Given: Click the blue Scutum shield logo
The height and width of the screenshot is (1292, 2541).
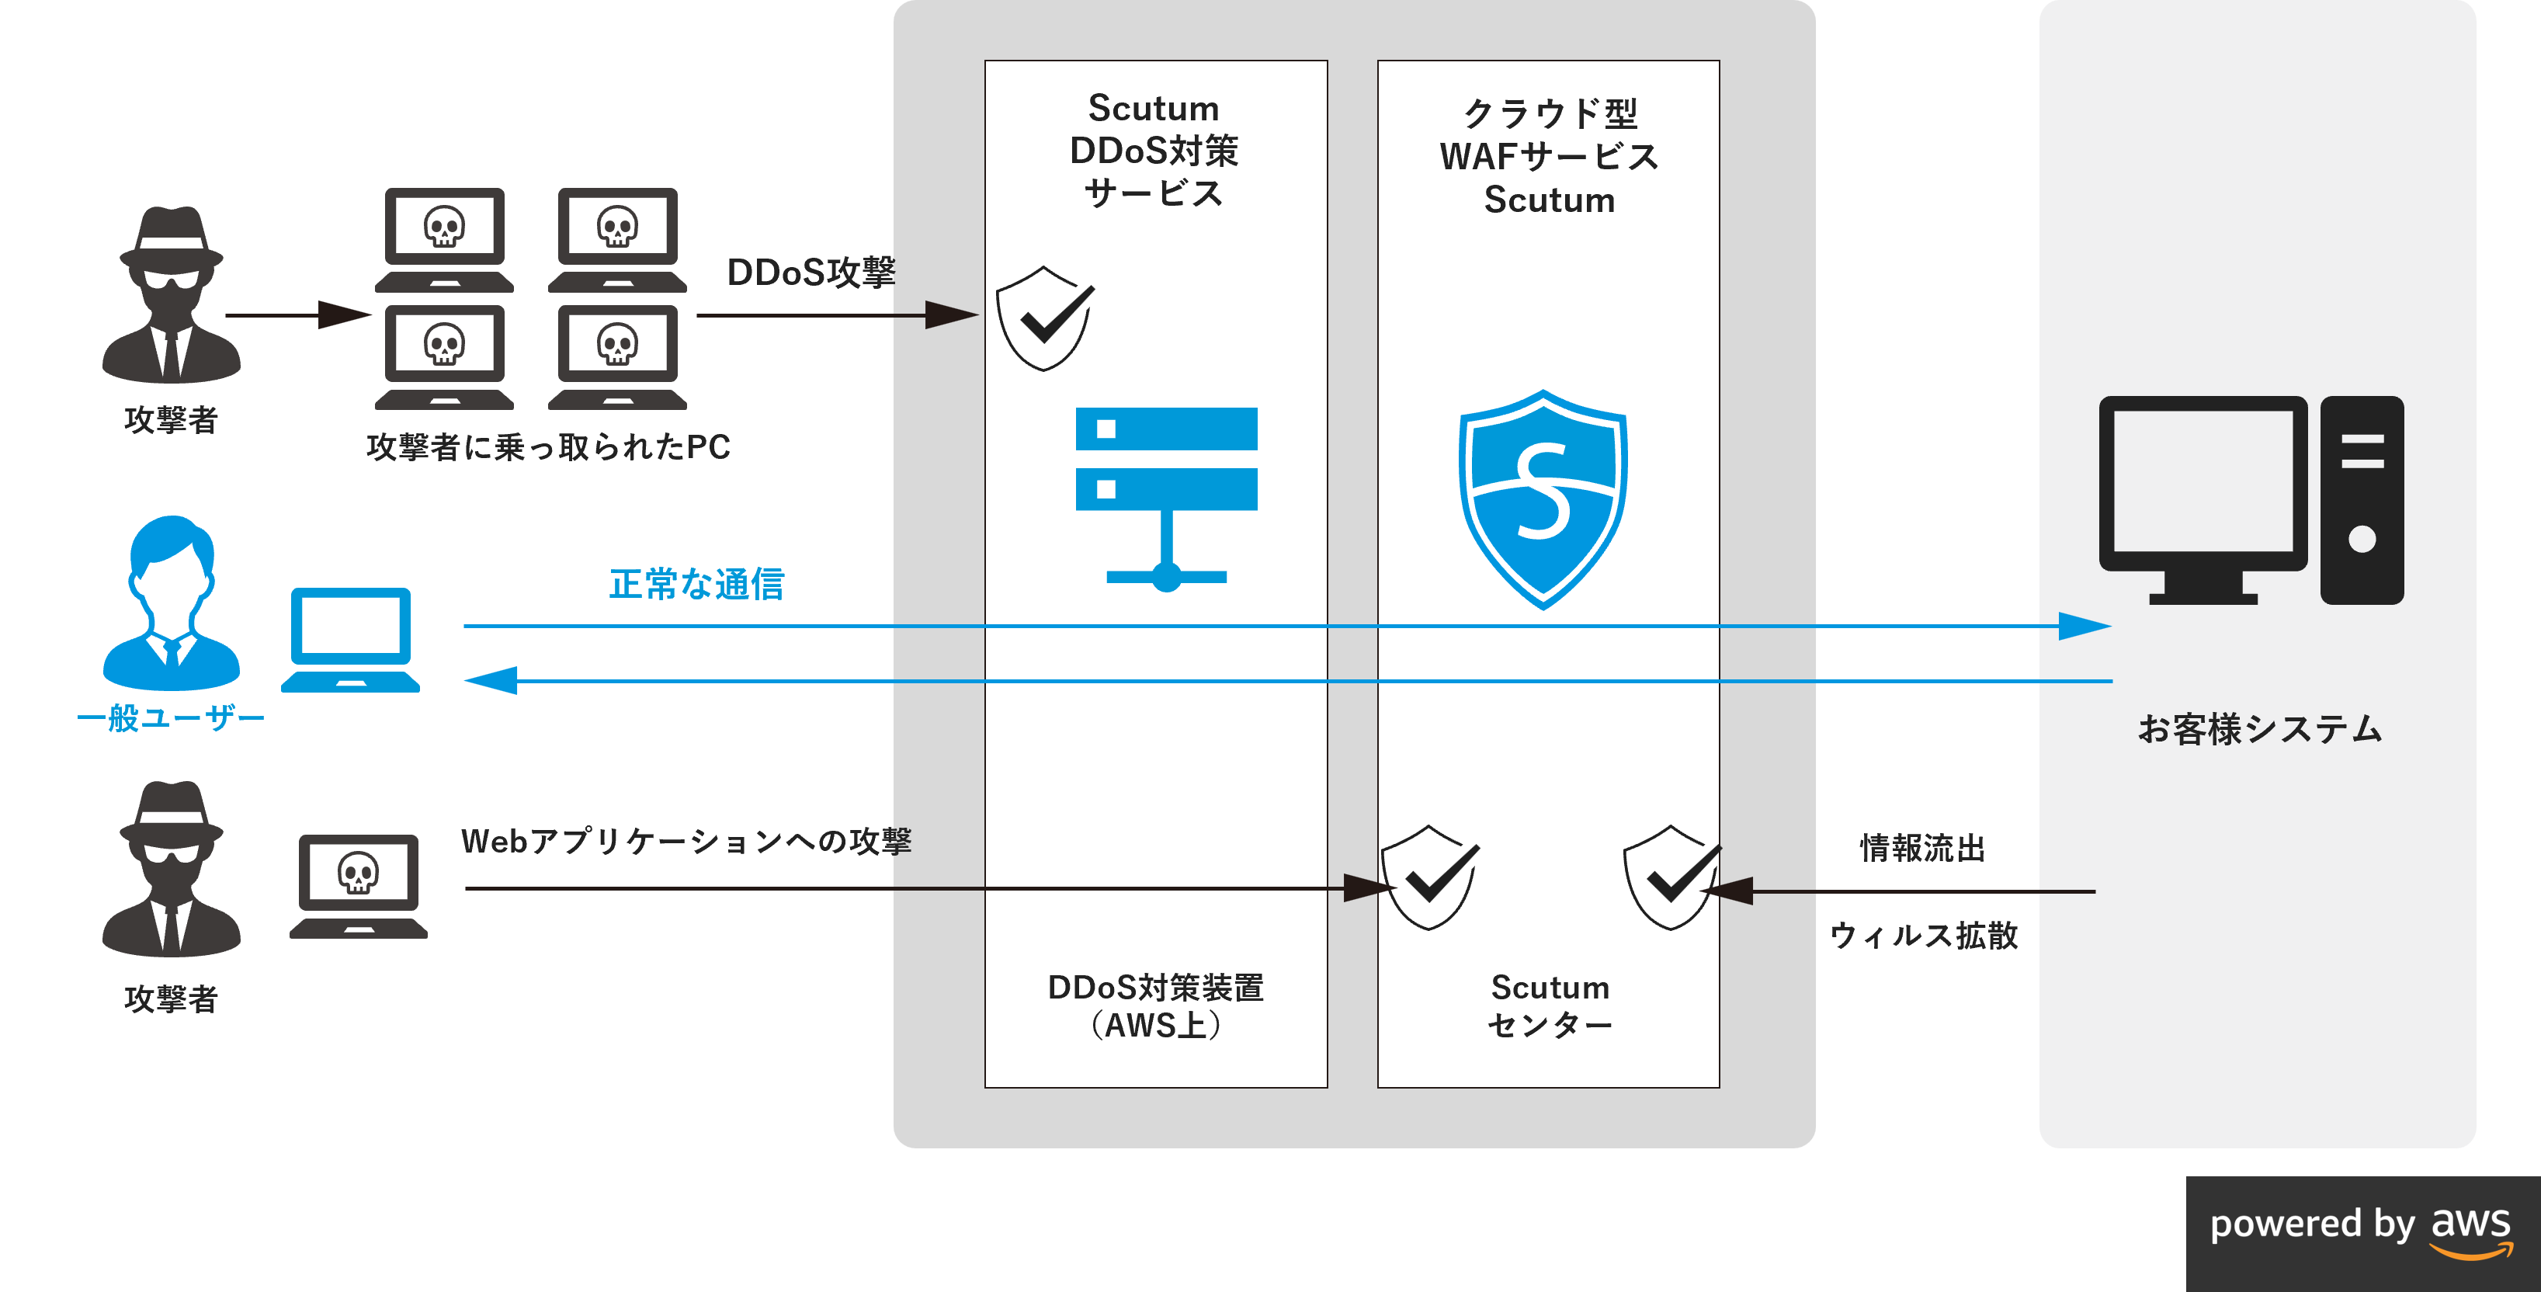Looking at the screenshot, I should pos(1543,498).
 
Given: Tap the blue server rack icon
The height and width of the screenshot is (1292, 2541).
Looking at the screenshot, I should pos(1166,493).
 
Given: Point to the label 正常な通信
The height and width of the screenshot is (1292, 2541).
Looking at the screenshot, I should pos(696,584).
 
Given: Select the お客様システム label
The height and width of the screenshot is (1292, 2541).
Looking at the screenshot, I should pos(2259,730).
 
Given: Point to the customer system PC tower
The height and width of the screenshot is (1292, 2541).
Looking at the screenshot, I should pos(2362,499).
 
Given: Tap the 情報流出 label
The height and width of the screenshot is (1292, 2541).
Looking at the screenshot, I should pos(1921,848).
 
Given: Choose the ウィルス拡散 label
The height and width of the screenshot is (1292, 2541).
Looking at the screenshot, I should pos(1924,935).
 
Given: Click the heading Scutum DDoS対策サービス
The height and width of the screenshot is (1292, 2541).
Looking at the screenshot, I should pos(1154,150).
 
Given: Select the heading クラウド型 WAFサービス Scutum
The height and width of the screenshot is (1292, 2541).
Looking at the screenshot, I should pos(1549,156).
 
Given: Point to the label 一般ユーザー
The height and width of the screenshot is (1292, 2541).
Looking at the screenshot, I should pos(171,718).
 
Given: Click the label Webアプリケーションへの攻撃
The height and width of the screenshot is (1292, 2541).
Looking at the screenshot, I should pos(686,842).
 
